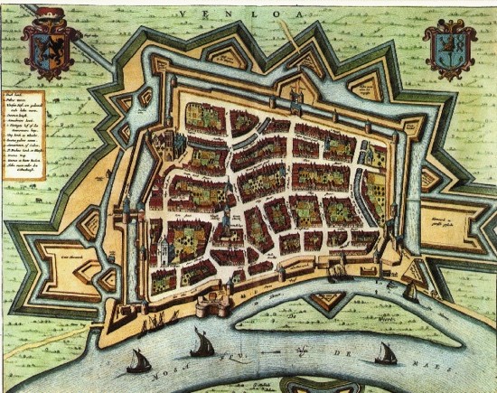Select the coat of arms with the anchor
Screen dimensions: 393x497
click(x=449, y=50)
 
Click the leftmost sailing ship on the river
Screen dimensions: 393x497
click(x=138, y=361)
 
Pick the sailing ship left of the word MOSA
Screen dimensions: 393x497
click(x=200, y=343)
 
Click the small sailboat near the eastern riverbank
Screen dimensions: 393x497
click(x=410, y=292)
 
